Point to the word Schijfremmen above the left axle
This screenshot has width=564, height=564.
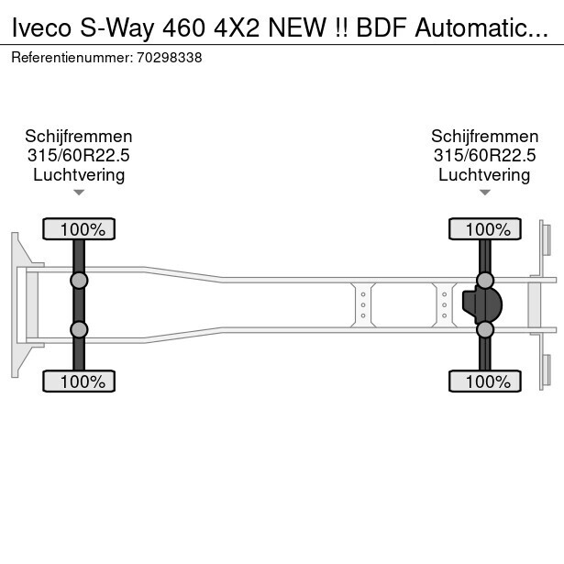coord(79,137)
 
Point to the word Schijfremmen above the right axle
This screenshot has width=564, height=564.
coord(484,137)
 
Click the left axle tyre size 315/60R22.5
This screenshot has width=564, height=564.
coord(79,156)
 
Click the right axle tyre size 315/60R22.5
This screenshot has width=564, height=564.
coord(484,156)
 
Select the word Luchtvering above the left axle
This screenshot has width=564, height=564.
coord(79,175)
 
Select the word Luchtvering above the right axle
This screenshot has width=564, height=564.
coord(484,175)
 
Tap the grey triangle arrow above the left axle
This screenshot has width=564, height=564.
coord(79,193)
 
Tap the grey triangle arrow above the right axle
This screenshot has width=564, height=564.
coord(484,193)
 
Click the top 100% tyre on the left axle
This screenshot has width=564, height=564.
coord(79,229)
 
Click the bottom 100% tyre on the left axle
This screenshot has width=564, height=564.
coord(79,381)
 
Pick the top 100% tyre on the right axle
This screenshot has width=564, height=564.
coord(484,229)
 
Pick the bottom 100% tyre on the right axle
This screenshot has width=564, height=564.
coord(484,381)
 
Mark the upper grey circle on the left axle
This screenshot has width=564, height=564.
coord(79,280)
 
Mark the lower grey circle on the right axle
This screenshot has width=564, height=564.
coord(485,329)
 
